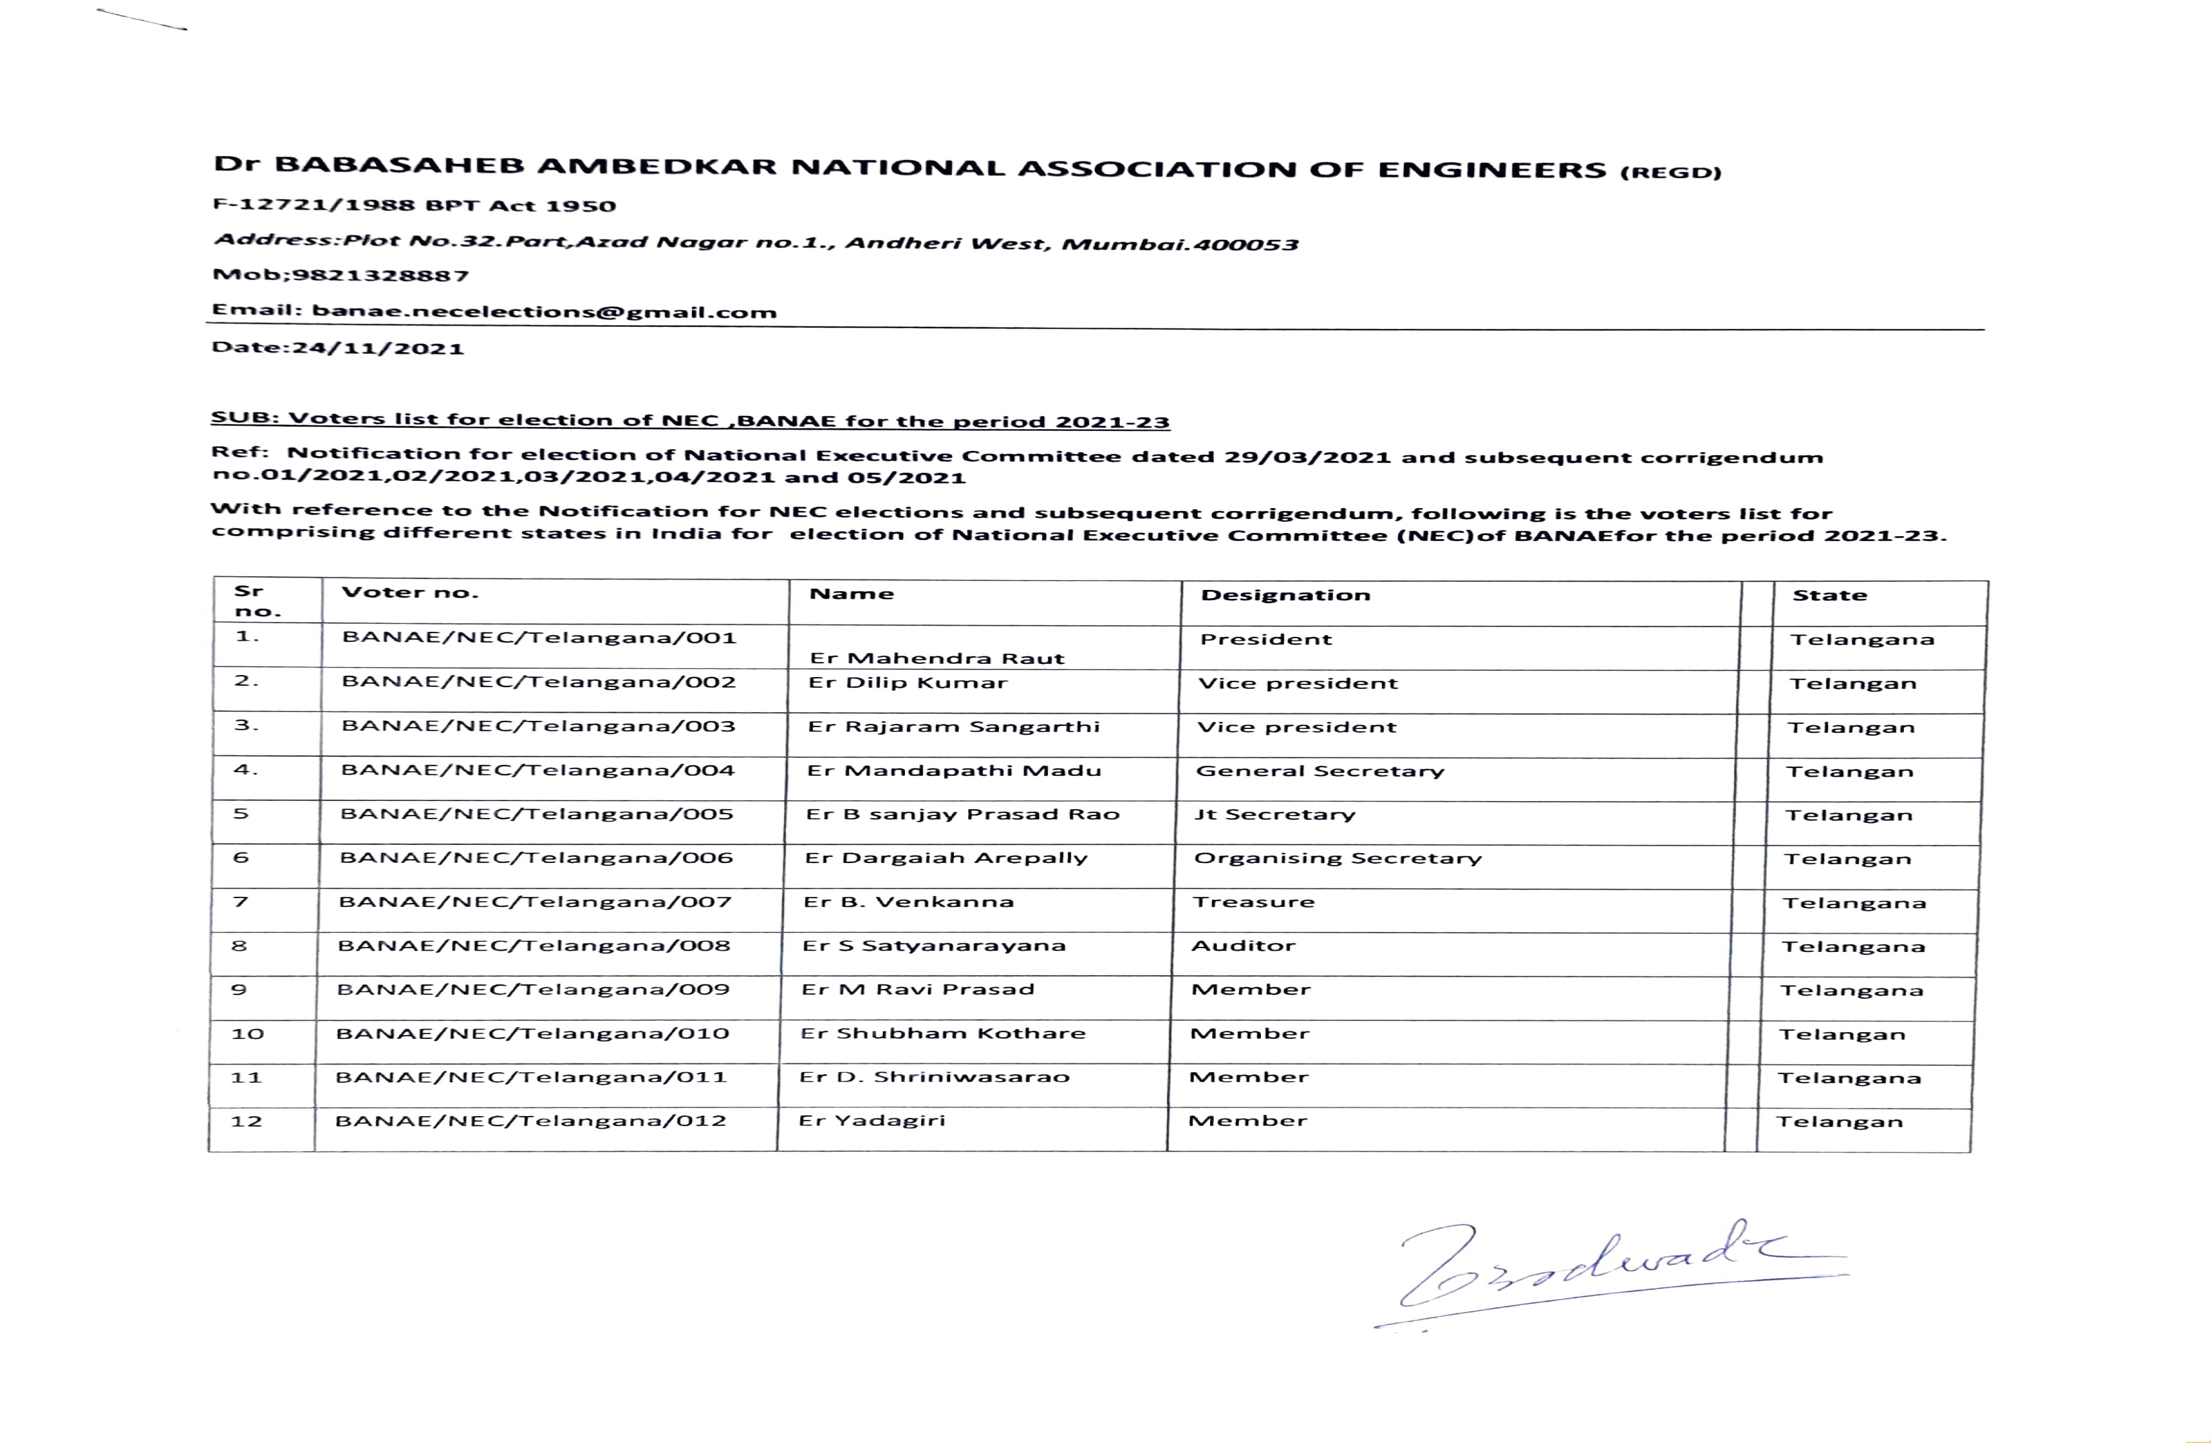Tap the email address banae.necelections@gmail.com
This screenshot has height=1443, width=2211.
click(x=543, y=312)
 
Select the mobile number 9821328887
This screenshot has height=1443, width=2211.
click(x=381, y=275)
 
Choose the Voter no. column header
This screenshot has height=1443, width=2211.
click(x=410, y=592)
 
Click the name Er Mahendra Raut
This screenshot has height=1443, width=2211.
click(x=936, y=658)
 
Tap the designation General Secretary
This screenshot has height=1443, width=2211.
click(x=1320, y=771)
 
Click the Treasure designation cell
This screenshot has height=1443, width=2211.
click(x=1253, y=902)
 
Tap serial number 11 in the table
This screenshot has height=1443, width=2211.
click(x=246, y=1077)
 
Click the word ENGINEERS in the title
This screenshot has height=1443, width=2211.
click(x=1491, y=170)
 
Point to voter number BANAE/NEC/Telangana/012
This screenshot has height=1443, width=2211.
click(x=530, y=1121)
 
